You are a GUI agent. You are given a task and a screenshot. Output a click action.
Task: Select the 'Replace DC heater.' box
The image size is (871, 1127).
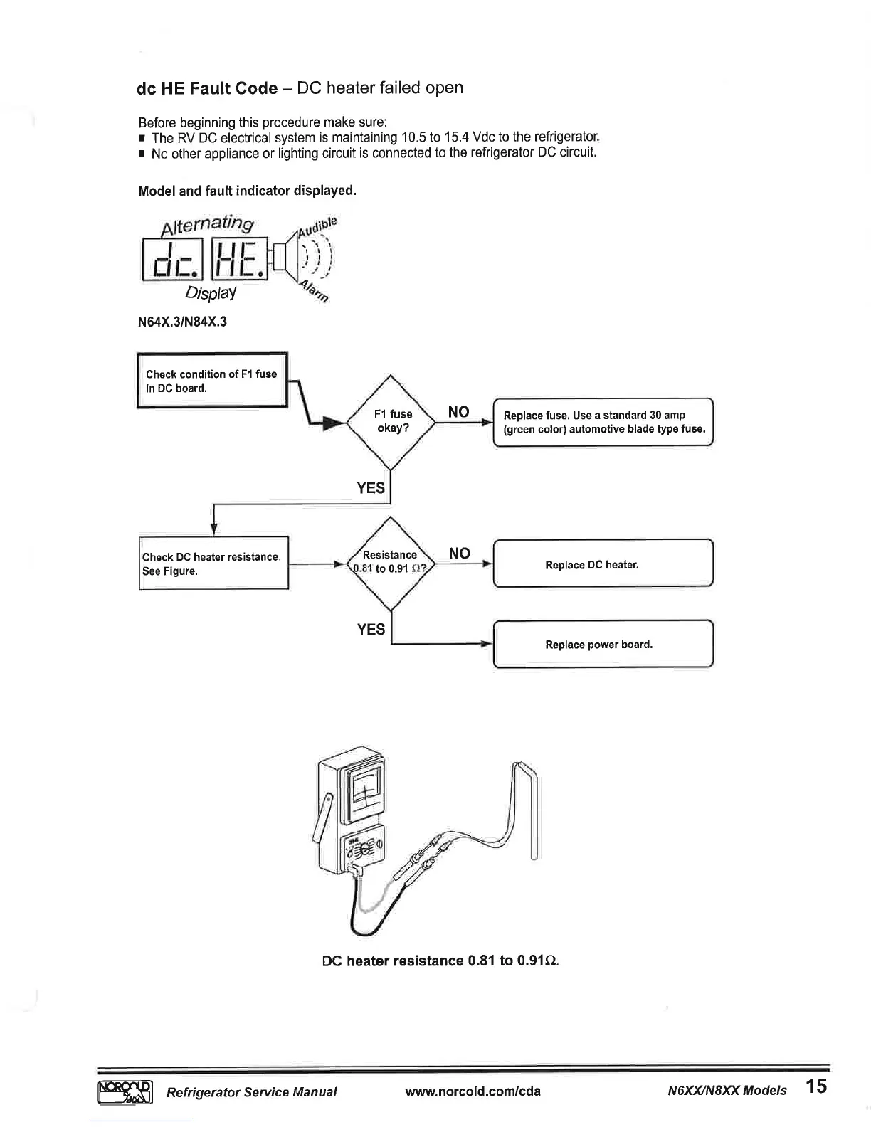[603, 564]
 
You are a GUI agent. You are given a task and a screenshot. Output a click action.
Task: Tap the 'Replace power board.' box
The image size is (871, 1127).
[603, 644]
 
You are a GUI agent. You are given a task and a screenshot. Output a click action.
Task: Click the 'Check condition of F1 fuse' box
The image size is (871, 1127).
[211, 381]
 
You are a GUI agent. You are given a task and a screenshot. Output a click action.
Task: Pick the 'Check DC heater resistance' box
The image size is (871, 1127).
[213, 563]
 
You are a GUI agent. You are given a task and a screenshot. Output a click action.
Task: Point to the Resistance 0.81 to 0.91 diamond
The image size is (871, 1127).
[390, 562]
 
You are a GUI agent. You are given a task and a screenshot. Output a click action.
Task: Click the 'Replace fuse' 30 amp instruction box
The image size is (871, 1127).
[603, 422]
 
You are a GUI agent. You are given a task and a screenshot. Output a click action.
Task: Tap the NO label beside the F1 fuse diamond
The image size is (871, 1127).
[459, 412]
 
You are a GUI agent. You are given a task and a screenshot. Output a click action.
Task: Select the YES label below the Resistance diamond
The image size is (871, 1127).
[371, 629]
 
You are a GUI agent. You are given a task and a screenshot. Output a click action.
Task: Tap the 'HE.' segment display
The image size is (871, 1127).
[239, 260]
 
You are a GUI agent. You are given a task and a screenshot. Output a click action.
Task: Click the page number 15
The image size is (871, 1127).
[817, 1087]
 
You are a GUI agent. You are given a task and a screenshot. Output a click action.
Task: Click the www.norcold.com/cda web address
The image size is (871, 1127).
[473, 1091]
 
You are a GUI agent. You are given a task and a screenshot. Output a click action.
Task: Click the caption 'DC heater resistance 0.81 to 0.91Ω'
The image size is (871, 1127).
[440, 961]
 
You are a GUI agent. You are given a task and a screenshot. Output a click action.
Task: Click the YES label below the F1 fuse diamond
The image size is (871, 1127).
[371, 487]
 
